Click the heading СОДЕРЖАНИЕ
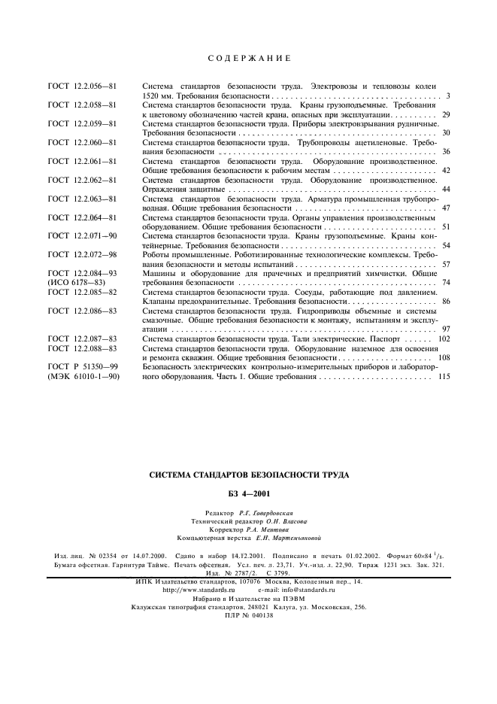point(247,58)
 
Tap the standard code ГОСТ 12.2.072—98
point(81,255)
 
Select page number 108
point(443,357)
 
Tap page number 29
point(445,114)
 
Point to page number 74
point(445,283)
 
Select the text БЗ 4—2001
point(248,493)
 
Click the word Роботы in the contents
point(158,255)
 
